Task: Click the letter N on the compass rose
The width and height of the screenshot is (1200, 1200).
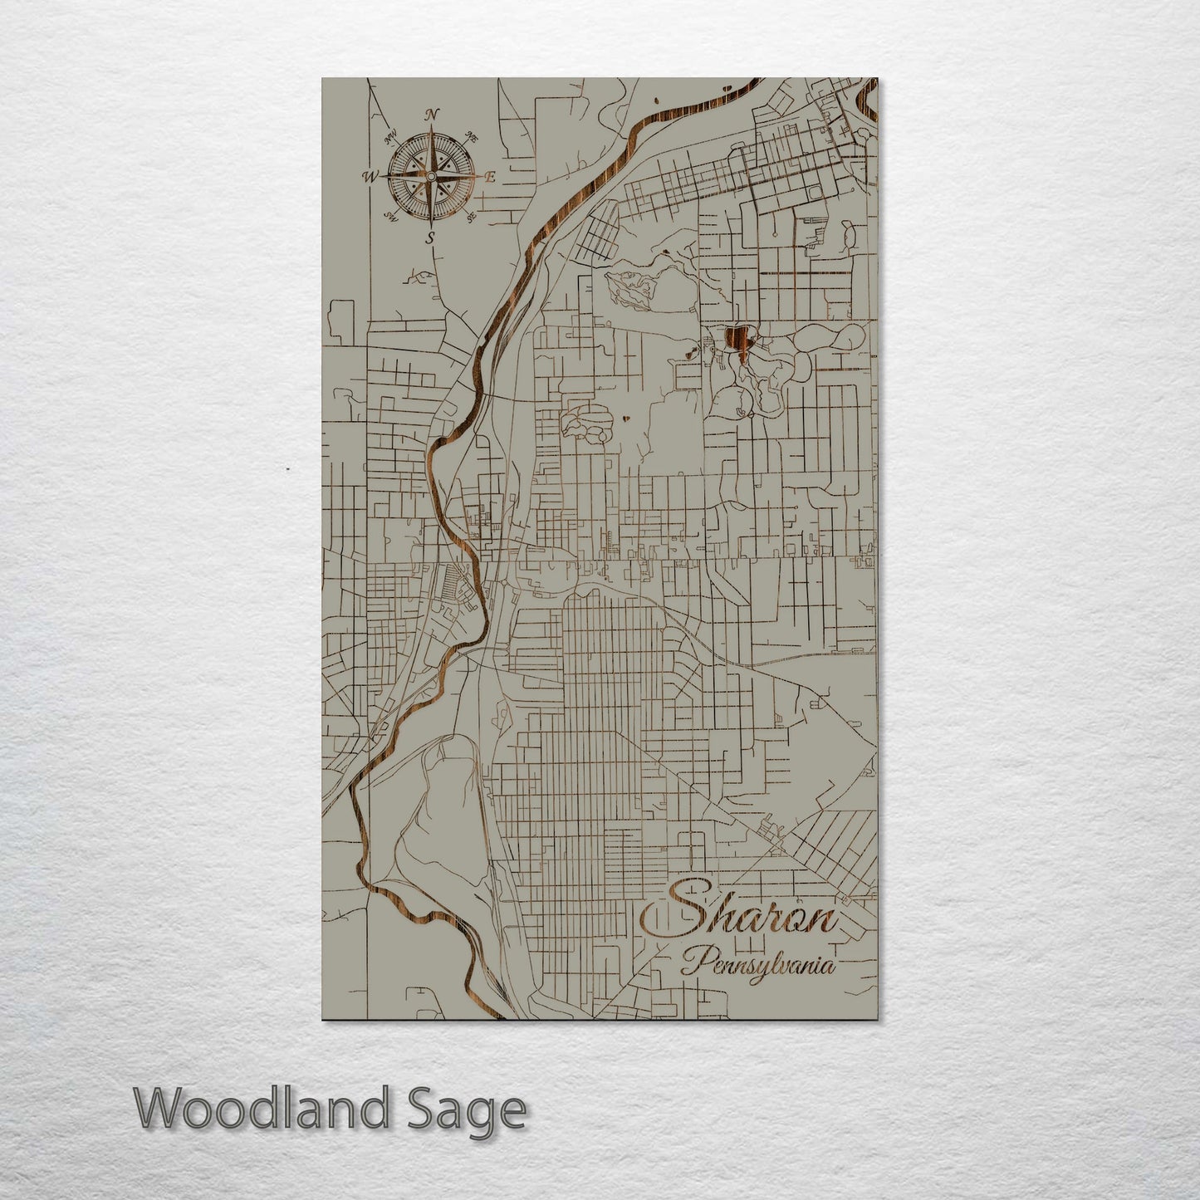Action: tap(432, 115)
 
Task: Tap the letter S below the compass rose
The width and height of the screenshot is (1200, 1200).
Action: tap(430, 239)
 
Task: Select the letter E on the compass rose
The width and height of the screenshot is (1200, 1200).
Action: tap(490, 177)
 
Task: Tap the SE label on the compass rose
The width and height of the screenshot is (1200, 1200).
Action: tap(471, 218)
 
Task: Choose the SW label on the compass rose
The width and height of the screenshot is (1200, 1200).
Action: tap(390, 218)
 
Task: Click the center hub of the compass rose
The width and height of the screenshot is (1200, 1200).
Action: tap(430, 177)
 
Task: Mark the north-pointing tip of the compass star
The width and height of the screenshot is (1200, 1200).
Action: tap(431, 127)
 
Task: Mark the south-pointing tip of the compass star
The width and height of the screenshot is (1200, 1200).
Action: tap(430, 226)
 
